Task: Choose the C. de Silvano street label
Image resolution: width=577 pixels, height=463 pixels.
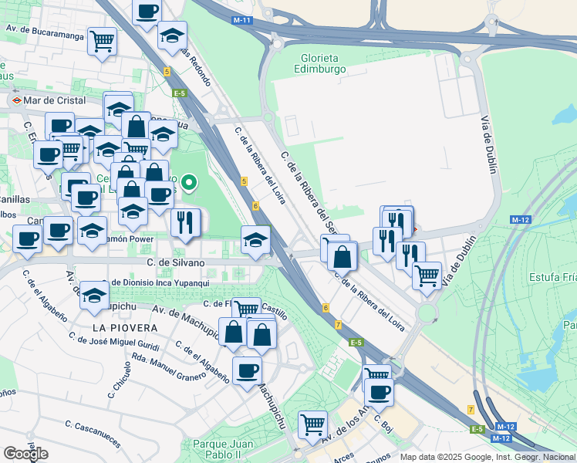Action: (x=177, y=263)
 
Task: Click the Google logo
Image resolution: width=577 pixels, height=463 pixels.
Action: (x=25, y=454)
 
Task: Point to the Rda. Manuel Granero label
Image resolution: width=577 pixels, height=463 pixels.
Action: (x=168, y=370)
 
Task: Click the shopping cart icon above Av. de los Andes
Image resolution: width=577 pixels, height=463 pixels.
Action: (x=312, y=424)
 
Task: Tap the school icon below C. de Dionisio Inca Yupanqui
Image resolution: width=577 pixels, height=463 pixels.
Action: (x=94, y=296)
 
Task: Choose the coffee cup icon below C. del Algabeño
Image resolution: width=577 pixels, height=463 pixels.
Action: (x=247, y=371)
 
